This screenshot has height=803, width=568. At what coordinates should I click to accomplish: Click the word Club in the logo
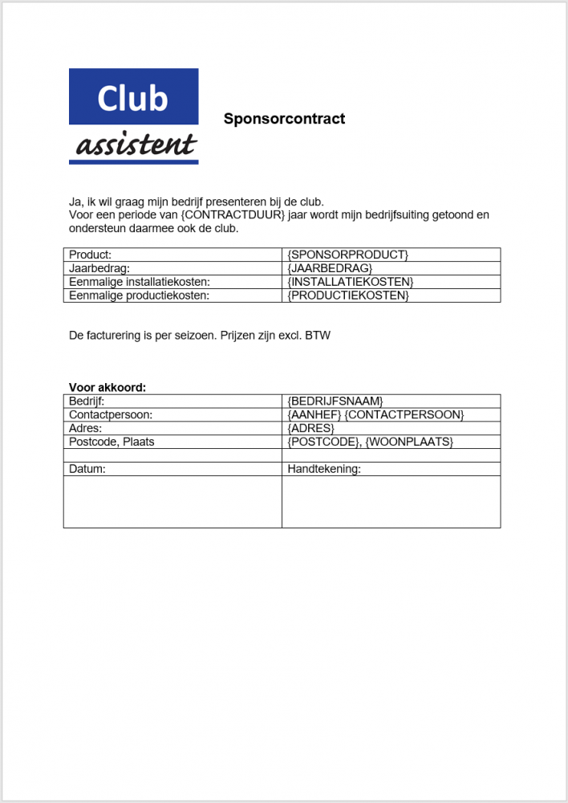click(132, 98)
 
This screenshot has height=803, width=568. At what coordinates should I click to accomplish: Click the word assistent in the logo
click(136, 145)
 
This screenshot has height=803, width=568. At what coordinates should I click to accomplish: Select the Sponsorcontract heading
click(284, 119)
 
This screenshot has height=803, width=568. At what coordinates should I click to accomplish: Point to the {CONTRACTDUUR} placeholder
click(233, 215)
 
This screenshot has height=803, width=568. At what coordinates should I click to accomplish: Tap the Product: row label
click(91, 255)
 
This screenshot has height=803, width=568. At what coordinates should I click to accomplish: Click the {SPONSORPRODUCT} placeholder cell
click(347, 255)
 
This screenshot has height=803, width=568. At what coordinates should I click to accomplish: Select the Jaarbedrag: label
click(99, 268)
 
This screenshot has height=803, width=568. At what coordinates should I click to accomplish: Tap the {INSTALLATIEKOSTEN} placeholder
click(350, 282)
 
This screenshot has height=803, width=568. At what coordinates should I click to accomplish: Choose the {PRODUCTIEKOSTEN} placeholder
click(347, 296)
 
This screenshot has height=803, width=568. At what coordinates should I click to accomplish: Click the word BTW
click(318, 335)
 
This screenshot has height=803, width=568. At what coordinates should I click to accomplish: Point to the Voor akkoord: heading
click(108, 387)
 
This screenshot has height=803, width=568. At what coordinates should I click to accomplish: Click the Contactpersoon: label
click(111, 414)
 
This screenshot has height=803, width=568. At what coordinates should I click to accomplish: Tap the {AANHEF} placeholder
click(314, 414)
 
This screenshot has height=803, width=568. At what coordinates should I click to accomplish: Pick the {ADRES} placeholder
click(310, 428)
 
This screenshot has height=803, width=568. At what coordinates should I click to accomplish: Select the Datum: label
click(87, 469)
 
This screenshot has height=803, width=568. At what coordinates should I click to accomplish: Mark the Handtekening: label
click(324, 469)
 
